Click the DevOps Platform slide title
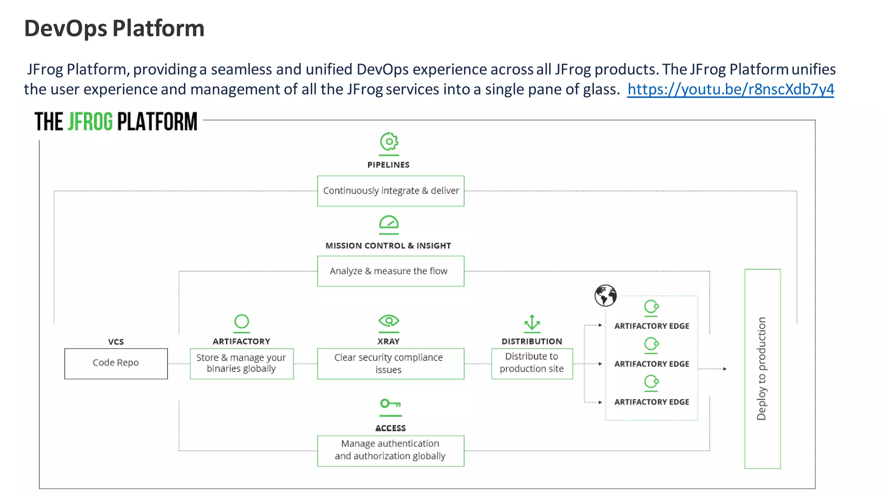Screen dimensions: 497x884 pos(114,28)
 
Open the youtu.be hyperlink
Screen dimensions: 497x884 pos(730,89)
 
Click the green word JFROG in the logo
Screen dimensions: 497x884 pos(90,122)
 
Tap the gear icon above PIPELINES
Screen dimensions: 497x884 pos(389,142)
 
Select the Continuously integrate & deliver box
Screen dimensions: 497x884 pos(391,191)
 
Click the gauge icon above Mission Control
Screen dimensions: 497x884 pos(389,223)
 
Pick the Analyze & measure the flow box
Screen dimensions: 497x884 pos(391,271)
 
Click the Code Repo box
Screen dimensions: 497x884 pos(116,363)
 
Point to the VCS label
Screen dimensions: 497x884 pos(116,342)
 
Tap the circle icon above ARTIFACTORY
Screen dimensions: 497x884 pos(242,321)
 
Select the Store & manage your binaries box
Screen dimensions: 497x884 pos(242,363)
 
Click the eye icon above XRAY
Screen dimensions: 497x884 pos(389,321)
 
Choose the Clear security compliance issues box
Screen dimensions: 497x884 pos(391,363)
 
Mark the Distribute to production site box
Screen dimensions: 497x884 pos(532,363)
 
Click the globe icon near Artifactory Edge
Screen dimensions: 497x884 pos(605,296)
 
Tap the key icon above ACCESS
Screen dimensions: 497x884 pos(390,404)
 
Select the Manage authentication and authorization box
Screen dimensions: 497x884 pos(391,450)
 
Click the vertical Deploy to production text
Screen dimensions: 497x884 pos(762,368)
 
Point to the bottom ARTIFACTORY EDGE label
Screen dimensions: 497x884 pos(651,402)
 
